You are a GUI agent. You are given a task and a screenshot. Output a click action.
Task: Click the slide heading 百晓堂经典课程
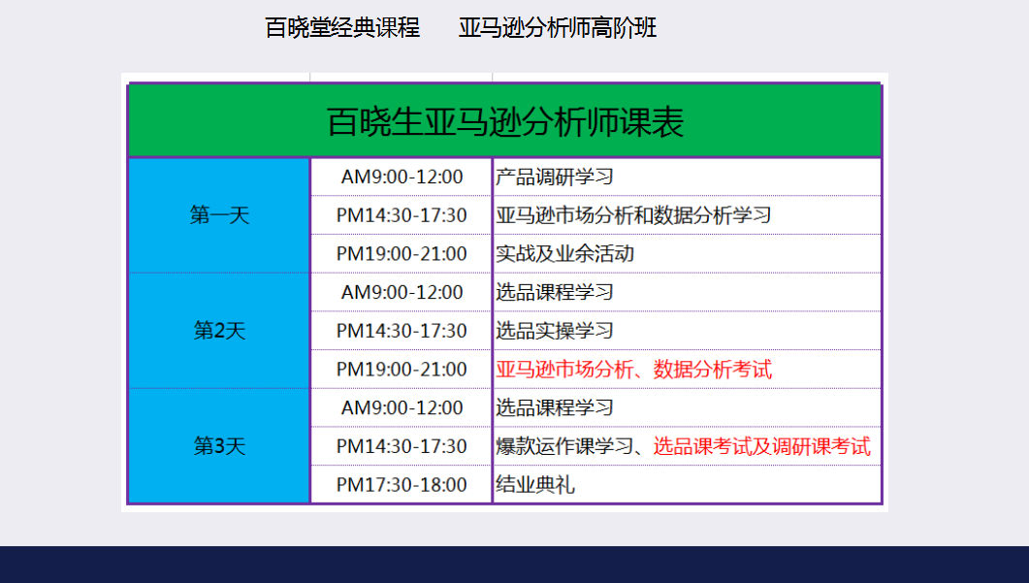[x=342, y=27]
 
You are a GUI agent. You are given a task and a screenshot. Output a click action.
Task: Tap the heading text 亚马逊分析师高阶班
[x=557, y=27]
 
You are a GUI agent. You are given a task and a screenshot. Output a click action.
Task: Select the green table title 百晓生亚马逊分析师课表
[x=505, y=121]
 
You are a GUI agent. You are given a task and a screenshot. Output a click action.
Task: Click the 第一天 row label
[x=220, y=214]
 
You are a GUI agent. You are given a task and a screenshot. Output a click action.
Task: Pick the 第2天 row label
[x=220, y=330]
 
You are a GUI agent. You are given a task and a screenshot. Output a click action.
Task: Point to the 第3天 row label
[x=220, y=446]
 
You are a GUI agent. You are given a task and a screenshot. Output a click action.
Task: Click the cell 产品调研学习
[x=555, y=177]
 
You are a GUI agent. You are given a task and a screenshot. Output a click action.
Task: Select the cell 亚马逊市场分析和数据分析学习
[x=633, y=214]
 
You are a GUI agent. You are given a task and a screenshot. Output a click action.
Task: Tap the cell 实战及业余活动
[x=564, y=253]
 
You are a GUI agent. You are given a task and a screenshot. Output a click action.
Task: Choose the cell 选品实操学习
[x=555, y=330]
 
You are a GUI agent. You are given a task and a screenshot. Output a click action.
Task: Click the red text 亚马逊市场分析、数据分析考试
[x=633, y=369]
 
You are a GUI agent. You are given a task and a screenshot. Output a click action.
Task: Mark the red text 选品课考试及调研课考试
[x=762, y=446]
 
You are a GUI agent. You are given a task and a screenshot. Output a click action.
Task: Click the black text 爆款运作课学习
[x=564, y=446]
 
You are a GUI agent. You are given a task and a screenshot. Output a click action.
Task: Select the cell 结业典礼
[x=534, y=484]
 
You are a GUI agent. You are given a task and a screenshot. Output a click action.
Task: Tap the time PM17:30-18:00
[x=402, y=484]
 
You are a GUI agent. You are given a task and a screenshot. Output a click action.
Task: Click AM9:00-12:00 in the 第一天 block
[x=402, y=177]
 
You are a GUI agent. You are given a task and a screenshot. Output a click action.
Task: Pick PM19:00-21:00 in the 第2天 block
[x=402, y=369]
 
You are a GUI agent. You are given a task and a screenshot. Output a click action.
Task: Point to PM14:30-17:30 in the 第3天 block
[x=402, y=446]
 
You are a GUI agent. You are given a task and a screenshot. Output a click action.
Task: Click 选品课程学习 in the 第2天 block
[x=555, y=292]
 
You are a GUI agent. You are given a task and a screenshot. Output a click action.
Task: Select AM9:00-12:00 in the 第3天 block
[x=402, y=407]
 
